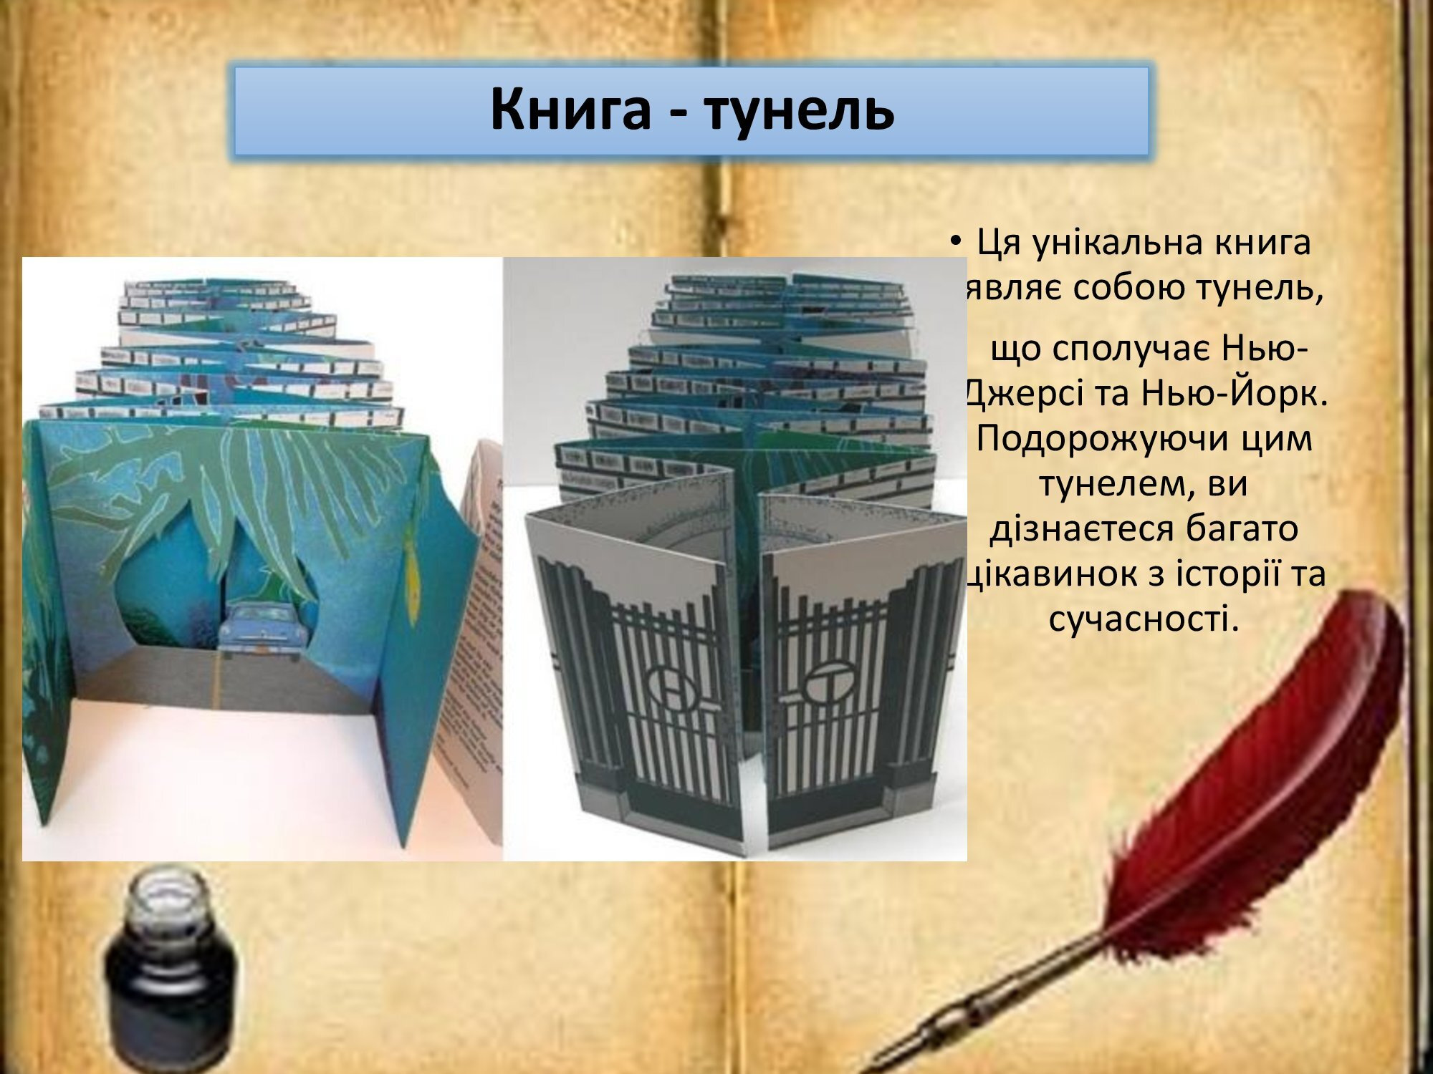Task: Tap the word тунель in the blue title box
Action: point(799,110)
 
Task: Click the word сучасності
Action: point(1144,617)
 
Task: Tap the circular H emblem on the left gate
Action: point(674,683)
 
